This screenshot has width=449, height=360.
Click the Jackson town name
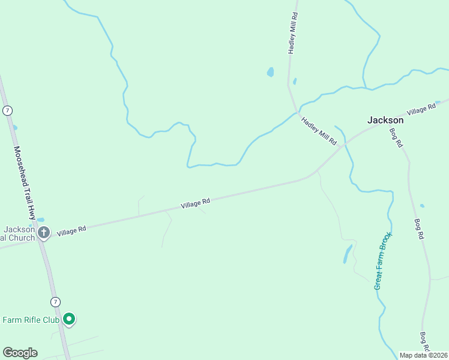coord(385,120)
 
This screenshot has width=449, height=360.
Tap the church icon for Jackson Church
coord(43,233)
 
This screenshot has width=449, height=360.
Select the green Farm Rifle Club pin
coord(69,319)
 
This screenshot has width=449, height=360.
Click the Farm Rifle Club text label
coord(31,320)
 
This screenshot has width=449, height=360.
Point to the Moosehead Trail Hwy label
coord(25,182)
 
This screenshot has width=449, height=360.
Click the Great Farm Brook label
coord(382,260)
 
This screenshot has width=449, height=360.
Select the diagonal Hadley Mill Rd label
coord(318,130)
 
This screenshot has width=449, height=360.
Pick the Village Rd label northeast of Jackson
coord(421,110)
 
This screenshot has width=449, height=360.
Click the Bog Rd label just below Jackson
coord(396,139)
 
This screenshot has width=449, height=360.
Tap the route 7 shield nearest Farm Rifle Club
coord(55,301)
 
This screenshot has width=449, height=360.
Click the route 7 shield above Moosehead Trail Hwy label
coord(7,110)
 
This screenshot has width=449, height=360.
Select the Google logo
coord(20,353)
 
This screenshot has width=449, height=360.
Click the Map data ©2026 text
coord(424,355)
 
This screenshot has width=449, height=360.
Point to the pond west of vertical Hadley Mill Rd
coord(270,73)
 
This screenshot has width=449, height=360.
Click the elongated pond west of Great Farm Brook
coord(348,254)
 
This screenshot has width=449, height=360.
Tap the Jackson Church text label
coord(18,233)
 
